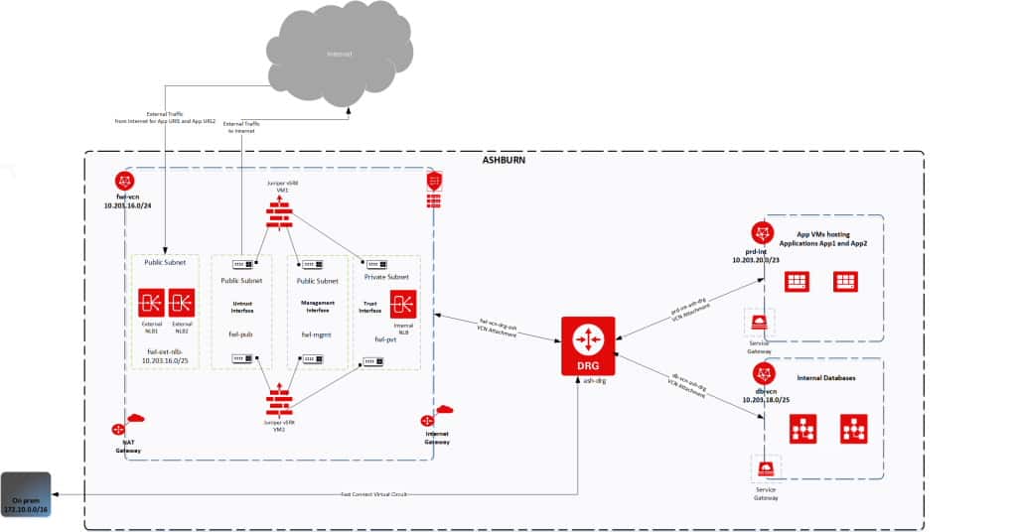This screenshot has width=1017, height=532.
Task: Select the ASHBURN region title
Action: [x=504, y=160]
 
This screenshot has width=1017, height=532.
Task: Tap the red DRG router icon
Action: [x=587, y=341]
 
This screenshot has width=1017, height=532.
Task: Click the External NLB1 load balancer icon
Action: [x=152, y=302]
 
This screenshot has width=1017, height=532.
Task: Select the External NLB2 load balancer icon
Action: [x=182, y=302]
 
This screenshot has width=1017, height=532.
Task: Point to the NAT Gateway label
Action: [x=128, y=446]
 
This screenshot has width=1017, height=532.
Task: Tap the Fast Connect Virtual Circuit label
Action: [x=373, y=493]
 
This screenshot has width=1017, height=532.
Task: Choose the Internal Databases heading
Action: [x=825, y=377]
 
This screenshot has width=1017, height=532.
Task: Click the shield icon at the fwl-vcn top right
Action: [x=434, y=182]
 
